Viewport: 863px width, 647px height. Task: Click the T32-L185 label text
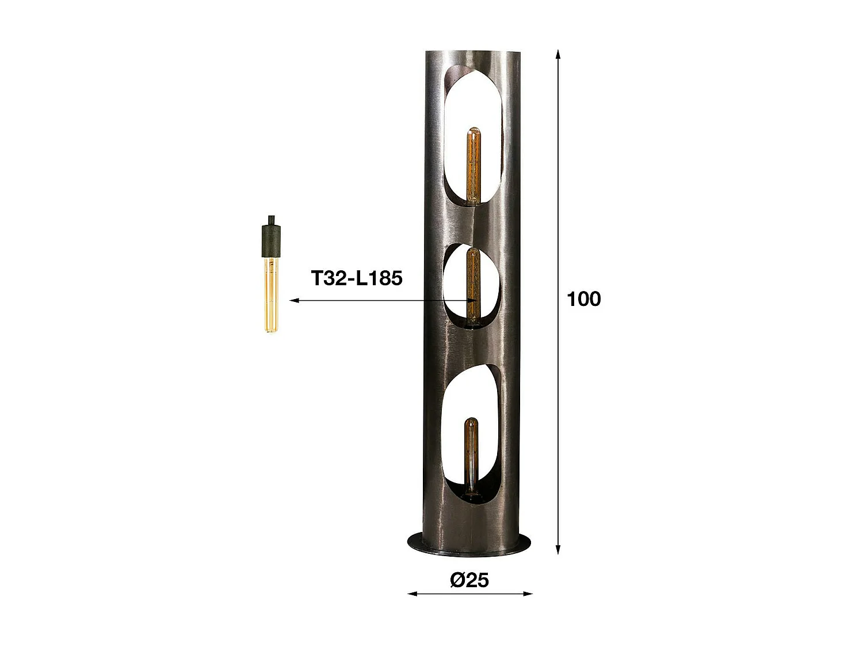[x=357, y=278]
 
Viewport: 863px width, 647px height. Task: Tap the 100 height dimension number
[x=583, y=299]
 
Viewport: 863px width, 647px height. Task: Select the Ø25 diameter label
[x=469, y=580]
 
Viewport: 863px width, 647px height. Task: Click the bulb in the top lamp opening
[x=473, y=166]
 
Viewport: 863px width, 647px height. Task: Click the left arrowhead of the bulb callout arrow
[x=293, y=300]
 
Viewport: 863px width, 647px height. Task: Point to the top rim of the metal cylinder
[x=471, y=53]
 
